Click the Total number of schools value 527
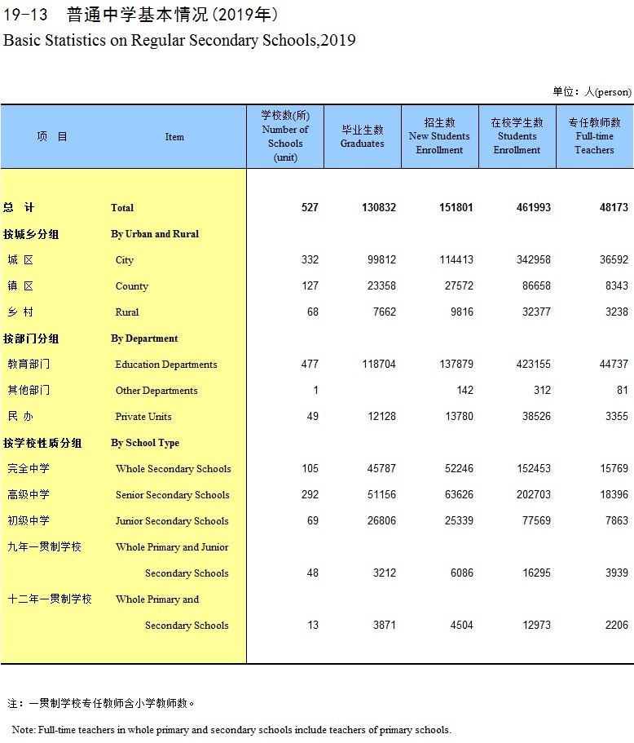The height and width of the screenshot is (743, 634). point(310,208)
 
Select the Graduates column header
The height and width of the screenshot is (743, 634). point(362,137)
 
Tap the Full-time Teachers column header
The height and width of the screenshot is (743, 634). point(594,136)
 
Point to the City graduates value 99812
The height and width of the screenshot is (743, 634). point(379,260)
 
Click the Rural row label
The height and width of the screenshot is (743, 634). point(127,312)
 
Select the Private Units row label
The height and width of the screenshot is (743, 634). point(143,417)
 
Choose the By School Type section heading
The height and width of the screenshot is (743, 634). point(145,443)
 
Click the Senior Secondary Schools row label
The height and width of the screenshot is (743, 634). point(173,495)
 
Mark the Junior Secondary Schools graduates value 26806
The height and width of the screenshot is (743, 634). point(379,521)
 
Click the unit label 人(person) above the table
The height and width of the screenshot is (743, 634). point(613,92)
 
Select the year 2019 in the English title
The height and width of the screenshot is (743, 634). point(338,40)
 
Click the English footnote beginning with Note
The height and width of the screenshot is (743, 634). point(231,730)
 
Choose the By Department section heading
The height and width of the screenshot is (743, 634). point(144,338)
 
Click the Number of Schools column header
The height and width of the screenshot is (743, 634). point(285,136)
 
